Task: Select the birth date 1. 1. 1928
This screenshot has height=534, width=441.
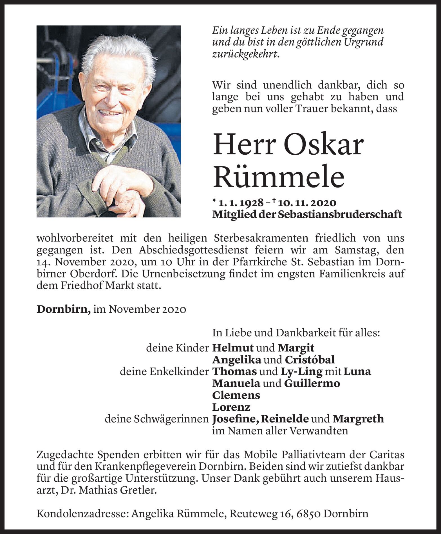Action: pyautogui.click(x=241, y=203)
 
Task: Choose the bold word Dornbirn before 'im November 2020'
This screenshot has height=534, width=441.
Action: pyautogui.click(x=63, y=309)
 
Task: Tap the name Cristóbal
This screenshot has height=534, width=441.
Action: pyautogui.click(x=310, y=360)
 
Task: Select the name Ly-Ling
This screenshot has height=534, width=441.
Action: pyautogui.click(x=301, y=371)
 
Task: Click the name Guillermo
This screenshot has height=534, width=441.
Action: pyautogui.click(x=312, y=383)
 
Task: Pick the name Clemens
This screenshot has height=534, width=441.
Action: pyautogui.click(x=236, y=395)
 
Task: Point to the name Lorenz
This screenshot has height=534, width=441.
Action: pyautogui.click(x=231, y=407)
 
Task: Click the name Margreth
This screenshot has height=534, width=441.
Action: pyautogui.click(x=358, y=419)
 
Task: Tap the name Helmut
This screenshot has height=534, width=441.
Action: pyautogui.click(x=233, y=348)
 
